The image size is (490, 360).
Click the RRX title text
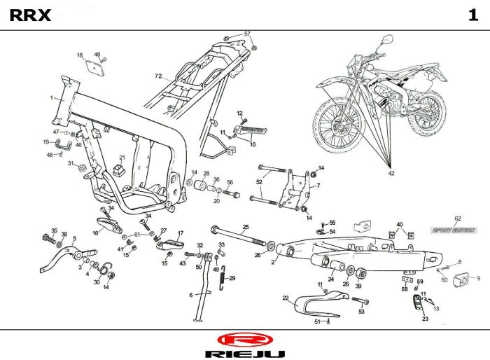pos(30,16)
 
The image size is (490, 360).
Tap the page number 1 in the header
pos(473,16)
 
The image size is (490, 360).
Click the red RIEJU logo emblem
pos(244,339)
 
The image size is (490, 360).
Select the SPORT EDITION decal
pos(453,230)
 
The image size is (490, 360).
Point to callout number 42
pos(391,172)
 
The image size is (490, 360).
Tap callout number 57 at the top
pos(246,34)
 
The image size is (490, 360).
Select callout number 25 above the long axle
pos(246,226)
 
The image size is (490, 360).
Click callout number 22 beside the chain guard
pos(286,298)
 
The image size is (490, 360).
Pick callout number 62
pos(458,219)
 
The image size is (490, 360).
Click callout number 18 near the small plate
pos(80,55)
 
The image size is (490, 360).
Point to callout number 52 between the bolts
pos(259,182)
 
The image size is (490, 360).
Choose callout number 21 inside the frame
pos(121,158)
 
